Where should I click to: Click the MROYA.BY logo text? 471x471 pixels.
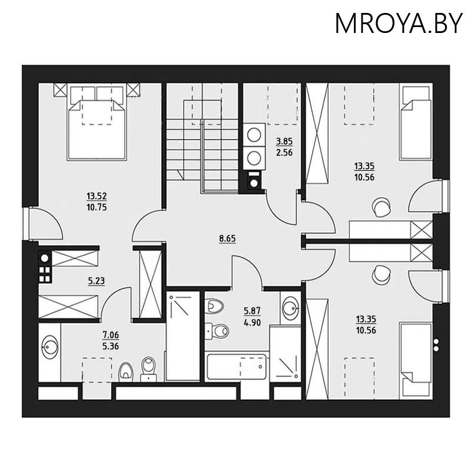point(399,23)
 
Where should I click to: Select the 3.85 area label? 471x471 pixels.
point(284,142)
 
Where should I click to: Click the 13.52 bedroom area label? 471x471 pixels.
point(97,197)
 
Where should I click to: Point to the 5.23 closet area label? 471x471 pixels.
point(96,281)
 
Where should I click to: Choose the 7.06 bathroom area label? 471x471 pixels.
point(111,336)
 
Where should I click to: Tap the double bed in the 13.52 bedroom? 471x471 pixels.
point(97,125)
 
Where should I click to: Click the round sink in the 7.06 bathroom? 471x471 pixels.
point(50,347)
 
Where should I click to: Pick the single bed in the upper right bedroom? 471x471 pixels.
point(415,122)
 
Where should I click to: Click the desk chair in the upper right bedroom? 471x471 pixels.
point(380,205)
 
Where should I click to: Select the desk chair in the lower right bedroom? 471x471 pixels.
point(381,273)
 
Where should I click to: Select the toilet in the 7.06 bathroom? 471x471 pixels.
point(126,370)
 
